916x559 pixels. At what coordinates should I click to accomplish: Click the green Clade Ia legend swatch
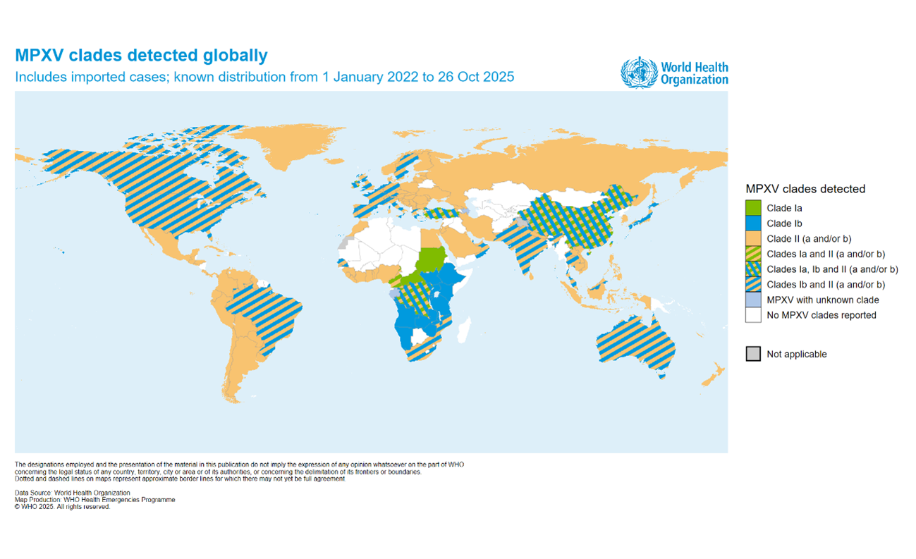pyautogui.click(x=753, y=208)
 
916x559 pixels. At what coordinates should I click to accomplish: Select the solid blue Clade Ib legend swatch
pyautogui.click(x=753, y=223)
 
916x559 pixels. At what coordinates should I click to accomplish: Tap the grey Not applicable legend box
pyautogui.click(x=753, y=354)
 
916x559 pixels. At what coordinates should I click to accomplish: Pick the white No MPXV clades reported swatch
pyautogui.click(x=753, y=315)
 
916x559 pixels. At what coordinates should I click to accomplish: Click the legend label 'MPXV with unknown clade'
pyautogui.click(x=823, y=300)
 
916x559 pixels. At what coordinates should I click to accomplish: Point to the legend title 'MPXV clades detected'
pyautogui.click(x=805, y=189)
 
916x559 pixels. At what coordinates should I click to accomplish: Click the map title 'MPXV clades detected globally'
pyautogui.click(x=142, y=55)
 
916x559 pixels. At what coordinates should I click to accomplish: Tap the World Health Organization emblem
pyautogui.click(x=638, y=73)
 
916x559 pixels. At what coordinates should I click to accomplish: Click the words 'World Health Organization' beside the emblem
pyautogui.click(x=694, y=73)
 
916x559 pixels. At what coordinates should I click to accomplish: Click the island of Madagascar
pyautogui.click(x=464, y=328)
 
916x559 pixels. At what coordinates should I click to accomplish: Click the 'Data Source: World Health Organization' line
pyautogui.click(x=73, y=493)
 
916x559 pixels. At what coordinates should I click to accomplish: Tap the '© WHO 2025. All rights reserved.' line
pyautogui.click(x=63, y=507)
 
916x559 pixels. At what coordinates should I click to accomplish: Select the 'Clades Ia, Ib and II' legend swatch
pyautogui.click(x=753, y=269)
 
